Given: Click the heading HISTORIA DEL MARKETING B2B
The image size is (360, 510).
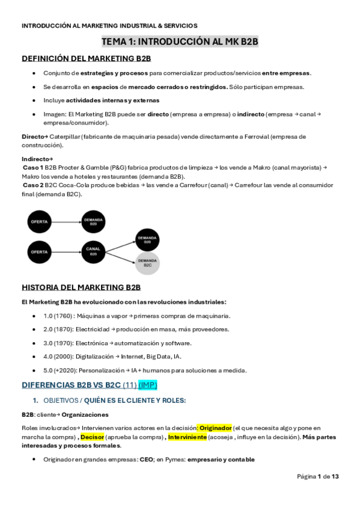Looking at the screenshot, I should click(81, 287).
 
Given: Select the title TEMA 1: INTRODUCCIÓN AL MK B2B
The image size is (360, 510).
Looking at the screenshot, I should click(180, 41).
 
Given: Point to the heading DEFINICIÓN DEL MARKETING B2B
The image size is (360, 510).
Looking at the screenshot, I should click(86, 58).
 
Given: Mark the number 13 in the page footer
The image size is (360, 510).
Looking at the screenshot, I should click(335, 476).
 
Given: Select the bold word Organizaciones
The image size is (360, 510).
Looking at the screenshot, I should click(85, 414).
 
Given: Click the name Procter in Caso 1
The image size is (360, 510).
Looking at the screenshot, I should click(76, 168).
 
